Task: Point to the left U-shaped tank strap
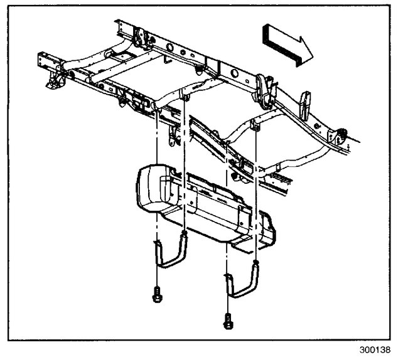[x=168, y=255]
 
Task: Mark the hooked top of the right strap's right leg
[x=257, y=264]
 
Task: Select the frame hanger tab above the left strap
[x=185, y=95]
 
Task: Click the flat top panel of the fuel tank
[x=201, y=182]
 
